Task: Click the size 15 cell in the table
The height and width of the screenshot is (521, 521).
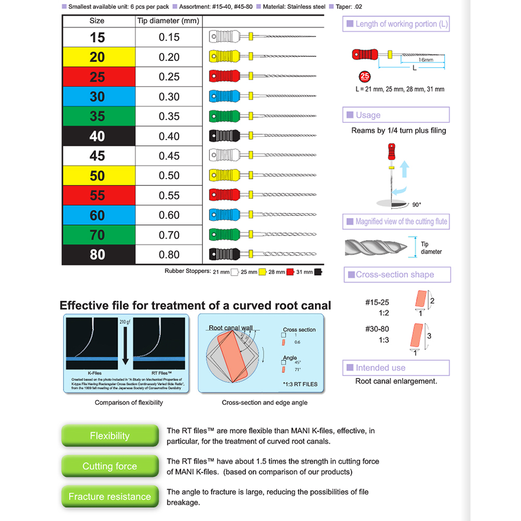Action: [97, 38]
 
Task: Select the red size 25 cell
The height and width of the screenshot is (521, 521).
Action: [97, 77]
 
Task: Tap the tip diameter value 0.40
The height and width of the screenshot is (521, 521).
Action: [169, 136]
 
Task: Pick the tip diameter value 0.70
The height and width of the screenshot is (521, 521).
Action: [169, 235]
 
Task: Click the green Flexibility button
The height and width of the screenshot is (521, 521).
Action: [109, 436]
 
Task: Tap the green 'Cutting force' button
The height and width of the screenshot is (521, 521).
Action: [109, 466]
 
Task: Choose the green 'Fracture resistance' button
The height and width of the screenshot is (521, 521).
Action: [109, 497]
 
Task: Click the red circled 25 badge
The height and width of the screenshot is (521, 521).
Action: [365, 77]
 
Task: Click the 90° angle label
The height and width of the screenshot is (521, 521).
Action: [416, 205]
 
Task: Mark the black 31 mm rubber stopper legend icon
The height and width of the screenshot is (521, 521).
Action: [318, 271]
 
